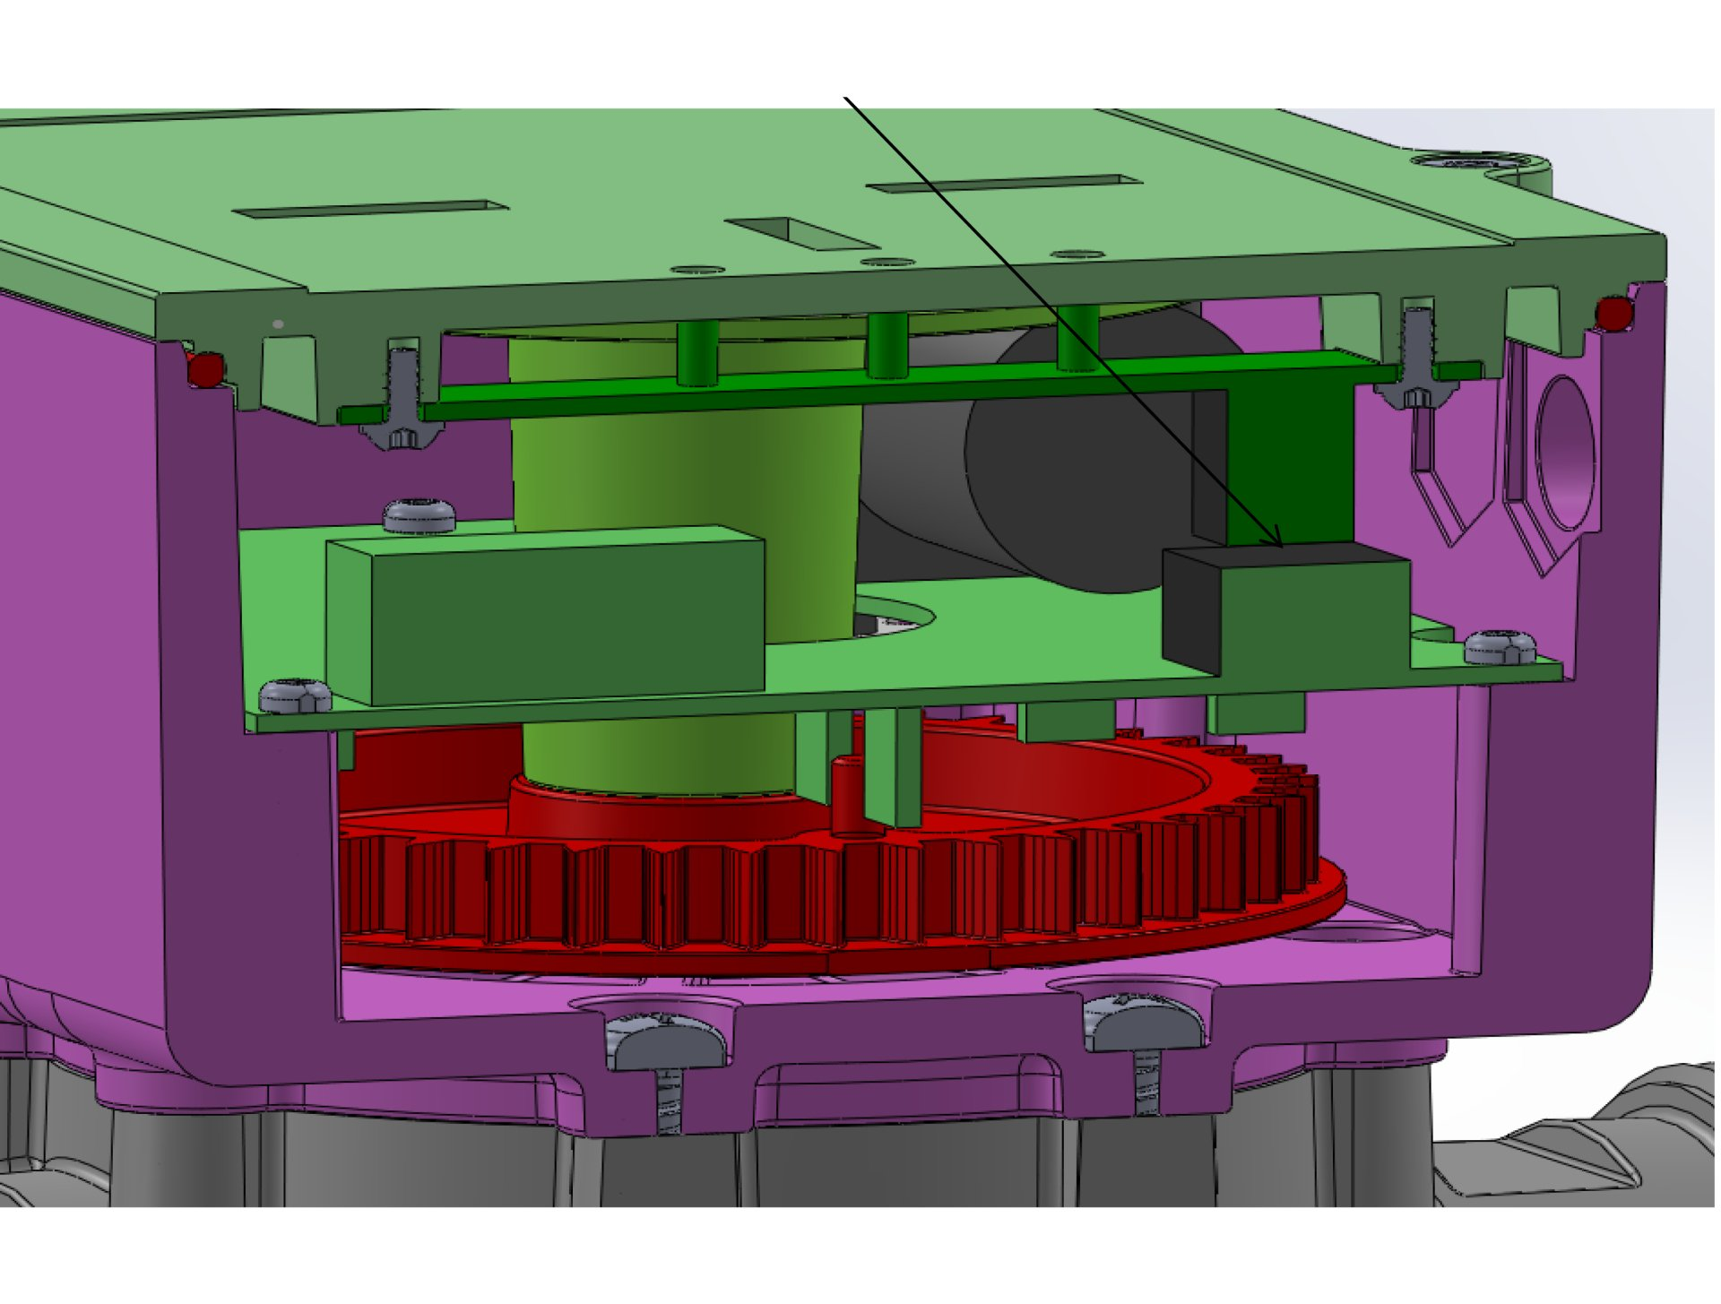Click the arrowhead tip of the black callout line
click(x=1283, y=547)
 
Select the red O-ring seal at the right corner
click(x=1614, y=314)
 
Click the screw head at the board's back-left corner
click(x=419, y=516)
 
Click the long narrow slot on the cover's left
click(x=369, y=211)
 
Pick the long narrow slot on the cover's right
click(x=1004, y=185)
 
